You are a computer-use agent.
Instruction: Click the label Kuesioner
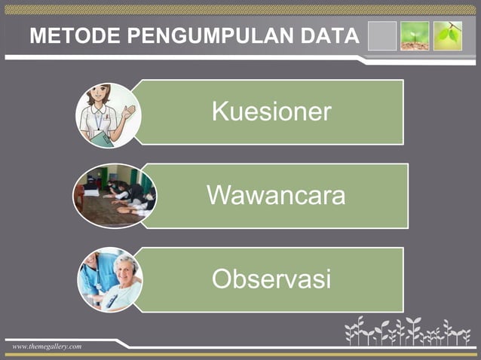click(271, 112)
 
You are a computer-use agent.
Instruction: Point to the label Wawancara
click(276, 196)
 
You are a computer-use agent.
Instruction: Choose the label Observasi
click(271, 279)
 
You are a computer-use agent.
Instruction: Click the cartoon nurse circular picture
click(108, 114)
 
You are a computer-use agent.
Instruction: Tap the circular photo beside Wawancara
click(114, 196)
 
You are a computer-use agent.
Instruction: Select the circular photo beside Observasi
click(110, 279)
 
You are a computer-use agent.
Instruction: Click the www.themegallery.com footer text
click(47, 346)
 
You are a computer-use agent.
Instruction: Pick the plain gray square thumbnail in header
click(381, 35)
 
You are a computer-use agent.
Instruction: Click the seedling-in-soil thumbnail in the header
click(415, 35)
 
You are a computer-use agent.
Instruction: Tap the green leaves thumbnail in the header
click(447, 35)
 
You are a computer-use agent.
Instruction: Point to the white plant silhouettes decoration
click(407, 331)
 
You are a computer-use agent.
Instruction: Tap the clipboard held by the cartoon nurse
click(103, 138)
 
